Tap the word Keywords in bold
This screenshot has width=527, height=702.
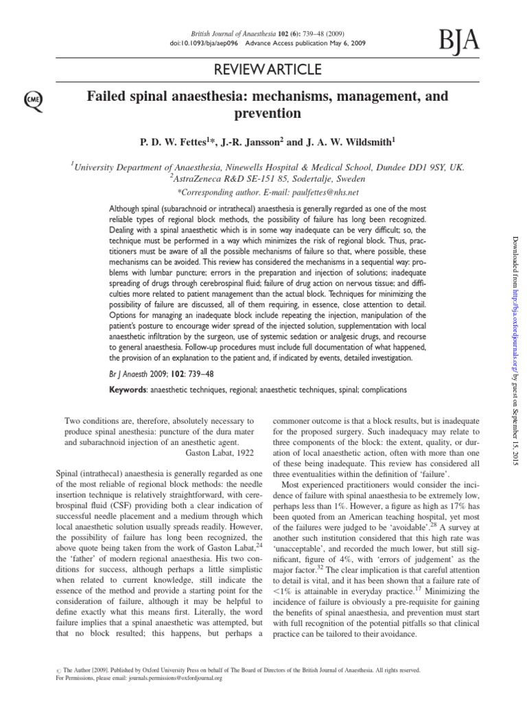(x=132, y=389)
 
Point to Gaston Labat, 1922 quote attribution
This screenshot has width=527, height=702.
(x=220, y=452)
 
